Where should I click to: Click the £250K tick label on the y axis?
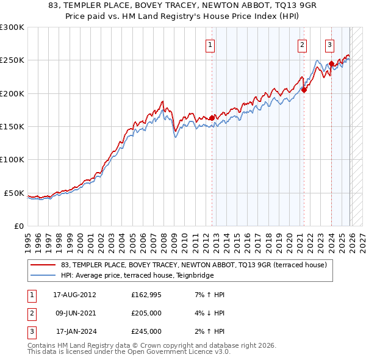point(12,60)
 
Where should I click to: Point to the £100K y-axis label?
point(12,160)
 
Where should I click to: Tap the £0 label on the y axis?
point(18,226)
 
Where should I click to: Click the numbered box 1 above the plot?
point(210,44)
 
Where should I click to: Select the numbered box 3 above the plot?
point(329,44)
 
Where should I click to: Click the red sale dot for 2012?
point(212,118)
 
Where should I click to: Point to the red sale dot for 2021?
point(304,90)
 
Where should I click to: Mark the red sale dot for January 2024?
point(331,63)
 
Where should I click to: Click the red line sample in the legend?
point(43,265)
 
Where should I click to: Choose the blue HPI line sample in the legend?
point(43,275)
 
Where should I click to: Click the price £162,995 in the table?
point(146,295)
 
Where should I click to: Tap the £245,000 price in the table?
point(146,331)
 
